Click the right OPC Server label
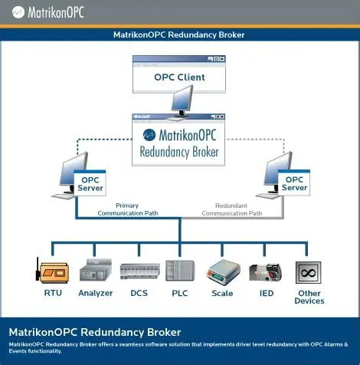[x=294, y=183]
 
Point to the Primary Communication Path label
[x=127, y=209]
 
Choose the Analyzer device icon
[x=95, y=271]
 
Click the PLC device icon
[x=179, y=271]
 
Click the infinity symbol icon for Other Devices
[x=309, y=271]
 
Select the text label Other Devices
[x=309, y=297]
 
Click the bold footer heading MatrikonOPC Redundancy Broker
[x=94, y=332]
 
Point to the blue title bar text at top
[x=179, y=35]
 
